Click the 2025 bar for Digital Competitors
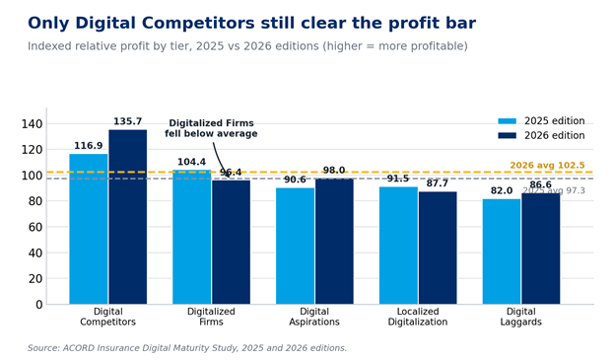tap(89, 229)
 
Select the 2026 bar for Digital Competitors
tap(128, 217)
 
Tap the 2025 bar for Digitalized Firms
tap(192, 237)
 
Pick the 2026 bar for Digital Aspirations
tap(334, 242)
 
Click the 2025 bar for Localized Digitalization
tap(398, 246)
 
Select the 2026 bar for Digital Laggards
tap(541, 249)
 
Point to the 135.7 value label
tap(127, 121)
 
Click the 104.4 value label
tap(191, 162)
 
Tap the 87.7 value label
tap(438, 183)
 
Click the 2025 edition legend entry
tap(541, 121)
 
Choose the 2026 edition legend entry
tap(541, 135)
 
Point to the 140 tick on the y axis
tap(32, 124)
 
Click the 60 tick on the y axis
tap(35, 227)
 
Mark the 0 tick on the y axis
tap(38, 305)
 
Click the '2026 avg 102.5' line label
tap(547, 166)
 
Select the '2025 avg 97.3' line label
tap(554, 190)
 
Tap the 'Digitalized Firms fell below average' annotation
tap(211, 128)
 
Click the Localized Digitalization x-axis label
tap(418, 317)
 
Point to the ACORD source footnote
tap(187, 348)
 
